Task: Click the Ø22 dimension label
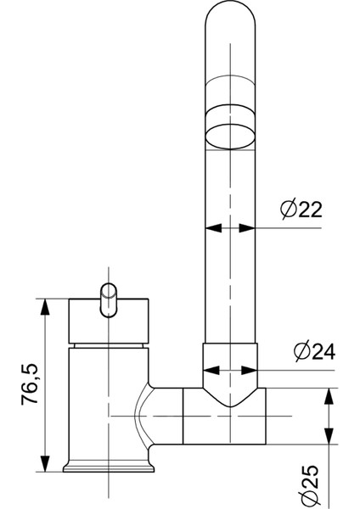(x=301, y=210)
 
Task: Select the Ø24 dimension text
(x=314, y=351)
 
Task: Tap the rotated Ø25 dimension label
(x=308, y=486)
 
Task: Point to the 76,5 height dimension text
(x=30, y=384)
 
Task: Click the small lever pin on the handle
(x=108, y=300)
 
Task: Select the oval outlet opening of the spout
(x=230, y=137)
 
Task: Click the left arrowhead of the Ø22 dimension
(x=213, y=228)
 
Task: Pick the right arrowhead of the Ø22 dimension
(x=247, y=228)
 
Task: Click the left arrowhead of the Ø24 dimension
(x=211, y=370)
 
